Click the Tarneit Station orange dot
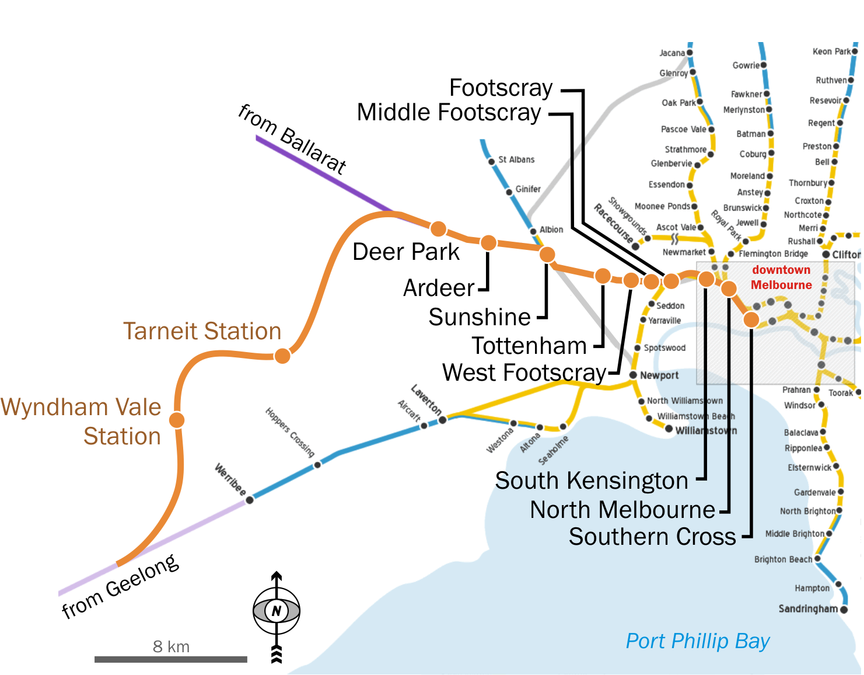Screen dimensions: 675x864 [282, 356]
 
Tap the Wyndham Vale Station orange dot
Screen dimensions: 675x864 [177, 420]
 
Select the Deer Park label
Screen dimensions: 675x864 [406, 252]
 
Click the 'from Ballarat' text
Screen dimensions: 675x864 [293, 139]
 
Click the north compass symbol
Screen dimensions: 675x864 [277, 611]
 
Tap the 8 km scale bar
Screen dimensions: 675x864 [171, 659]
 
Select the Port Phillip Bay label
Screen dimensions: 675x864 [698, 641]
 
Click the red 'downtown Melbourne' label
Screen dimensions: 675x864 [781, 277]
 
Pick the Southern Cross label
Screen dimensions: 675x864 [652, 537]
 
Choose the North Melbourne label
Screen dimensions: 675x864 [622, 510]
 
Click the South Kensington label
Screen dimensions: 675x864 [592, 481]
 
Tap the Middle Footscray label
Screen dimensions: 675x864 [449, 112]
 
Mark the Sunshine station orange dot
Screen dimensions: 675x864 [547, 255]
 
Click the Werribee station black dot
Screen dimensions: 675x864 [250, 500]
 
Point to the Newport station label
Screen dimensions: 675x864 [659, 375]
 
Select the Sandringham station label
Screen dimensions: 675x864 [808, 609]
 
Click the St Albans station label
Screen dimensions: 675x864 [516, 159]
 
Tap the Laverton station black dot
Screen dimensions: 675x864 [443, 420]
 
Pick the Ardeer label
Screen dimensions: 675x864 [439, 288]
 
